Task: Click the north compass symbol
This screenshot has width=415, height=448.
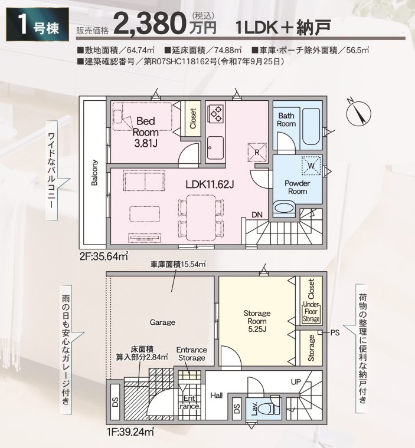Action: [358, 113]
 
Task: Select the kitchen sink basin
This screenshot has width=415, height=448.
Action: [215, 147]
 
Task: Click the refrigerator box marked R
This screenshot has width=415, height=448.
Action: [257, 151]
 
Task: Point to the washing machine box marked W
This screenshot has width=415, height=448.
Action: [311, 165]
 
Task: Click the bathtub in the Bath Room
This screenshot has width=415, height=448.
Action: [311, 126]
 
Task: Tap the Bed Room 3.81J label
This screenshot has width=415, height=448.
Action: [146, 132]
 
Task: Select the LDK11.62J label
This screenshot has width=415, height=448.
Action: [210, 185]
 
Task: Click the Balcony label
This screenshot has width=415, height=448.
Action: [94, 173]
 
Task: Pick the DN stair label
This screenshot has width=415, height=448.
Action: [257, 215]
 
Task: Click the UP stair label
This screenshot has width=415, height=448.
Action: [296, 382]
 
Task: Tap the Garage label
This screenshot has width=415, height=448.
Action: [162, 322]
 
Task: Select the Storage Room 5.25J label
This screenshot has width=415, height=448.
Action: [257, 321]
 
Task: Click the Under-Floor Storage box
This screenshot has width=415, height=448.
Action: [311, 312]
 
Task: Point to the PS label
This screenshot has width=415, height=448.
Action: [335, 332]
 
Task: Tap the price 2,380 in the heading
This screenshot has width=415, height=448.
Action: [149, 24]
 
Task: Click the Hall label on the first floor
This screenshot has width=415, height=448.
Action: [217, 396]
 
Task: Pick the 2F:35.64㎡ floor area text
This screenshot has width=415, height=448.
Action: [104, 256]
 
